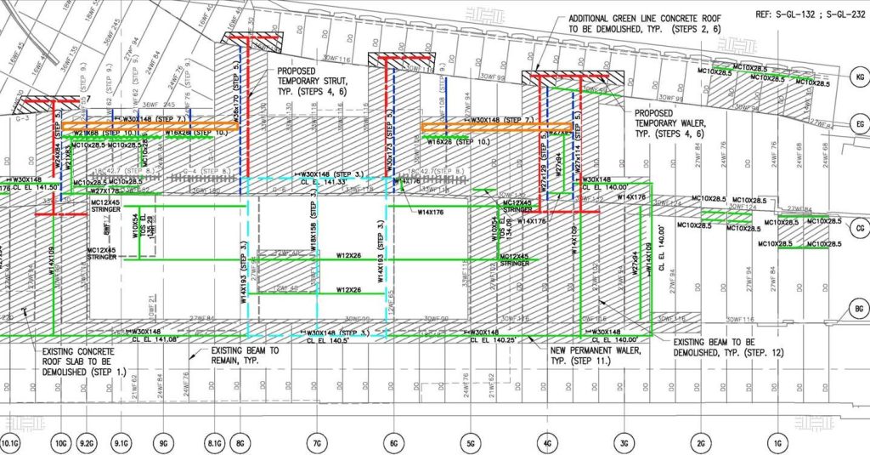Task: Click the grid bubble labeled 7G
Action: [x=316, y=444]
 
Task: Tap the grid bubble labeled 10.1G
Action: [x=10, y=444]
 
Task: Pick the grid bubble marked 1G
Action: [x=777, y=444]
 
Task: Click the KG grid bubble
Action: [x=858, y=77]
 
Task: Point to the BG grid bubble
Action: [x=858, y=310]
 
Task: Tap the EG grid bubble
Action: [x=858, y=125]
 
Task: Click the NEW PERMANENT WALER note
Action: [x=585, y=355]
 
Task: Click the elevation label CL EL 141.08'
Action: [x=153, y=339]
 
